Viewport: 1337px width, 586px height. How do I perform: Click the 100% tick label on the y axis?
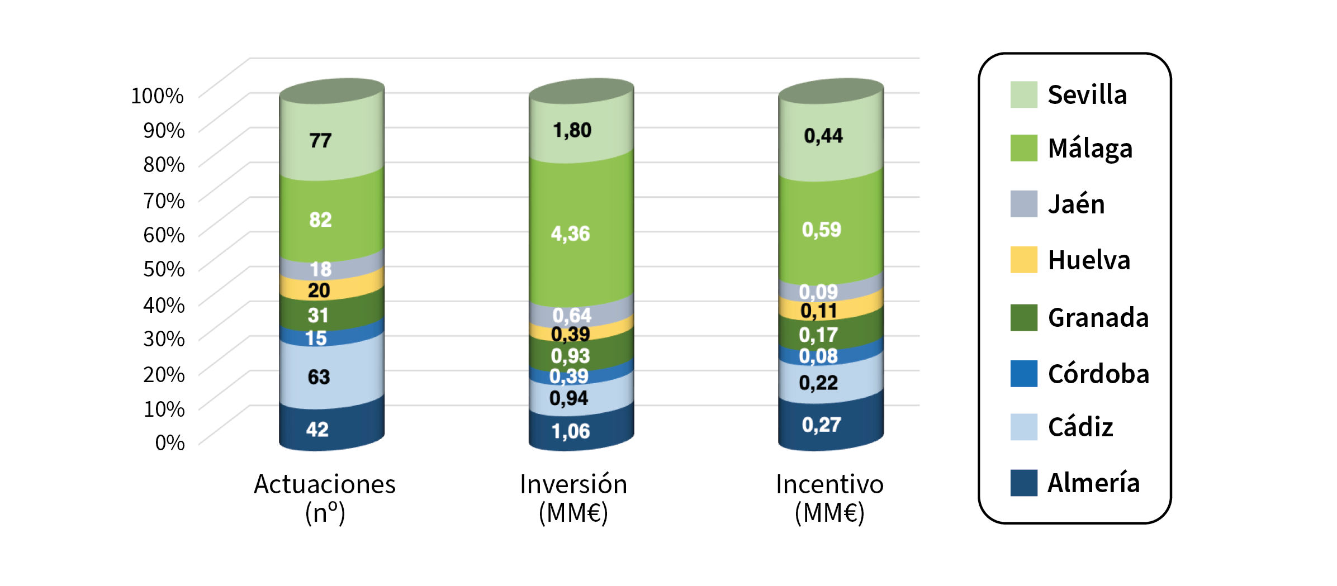[157, 96]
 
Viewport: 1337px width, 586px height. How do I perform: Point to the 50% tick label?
[164, 269]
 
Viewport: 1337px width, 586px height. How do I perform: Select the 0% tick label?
[170, 442]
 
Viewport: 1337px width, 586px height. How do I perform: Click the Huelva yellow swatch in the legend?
[1023, 260]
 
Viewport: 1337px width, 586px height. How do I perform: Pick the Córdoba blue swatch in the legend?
[1023, 373]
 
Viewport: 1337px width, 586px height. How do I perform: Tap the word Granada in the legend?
[1098, 317]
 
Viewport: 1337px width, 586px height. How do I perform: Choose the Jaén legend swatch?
[1023, 204]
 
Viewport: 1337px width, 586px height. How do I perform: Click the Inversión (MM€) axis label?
[573, 498]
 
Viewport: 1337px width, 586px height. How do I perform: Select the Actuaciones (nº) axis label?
[325, 498]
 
